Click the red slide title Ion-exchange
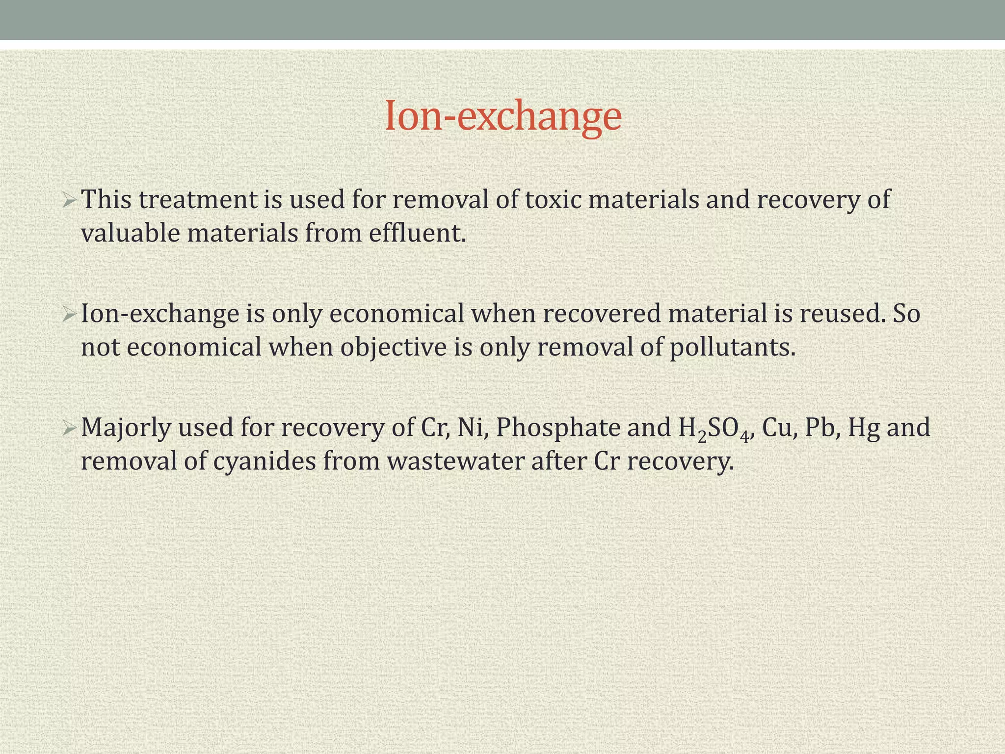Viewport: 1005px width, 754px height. click(x=503, y=116)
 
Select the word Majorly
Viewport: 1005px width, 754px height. click(x=125, y=428)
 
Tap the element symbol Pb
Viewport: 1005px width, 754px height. click(x=823, y=428)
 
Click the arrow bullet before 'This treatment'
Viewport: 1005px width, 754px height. click(x=69, y=200)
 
